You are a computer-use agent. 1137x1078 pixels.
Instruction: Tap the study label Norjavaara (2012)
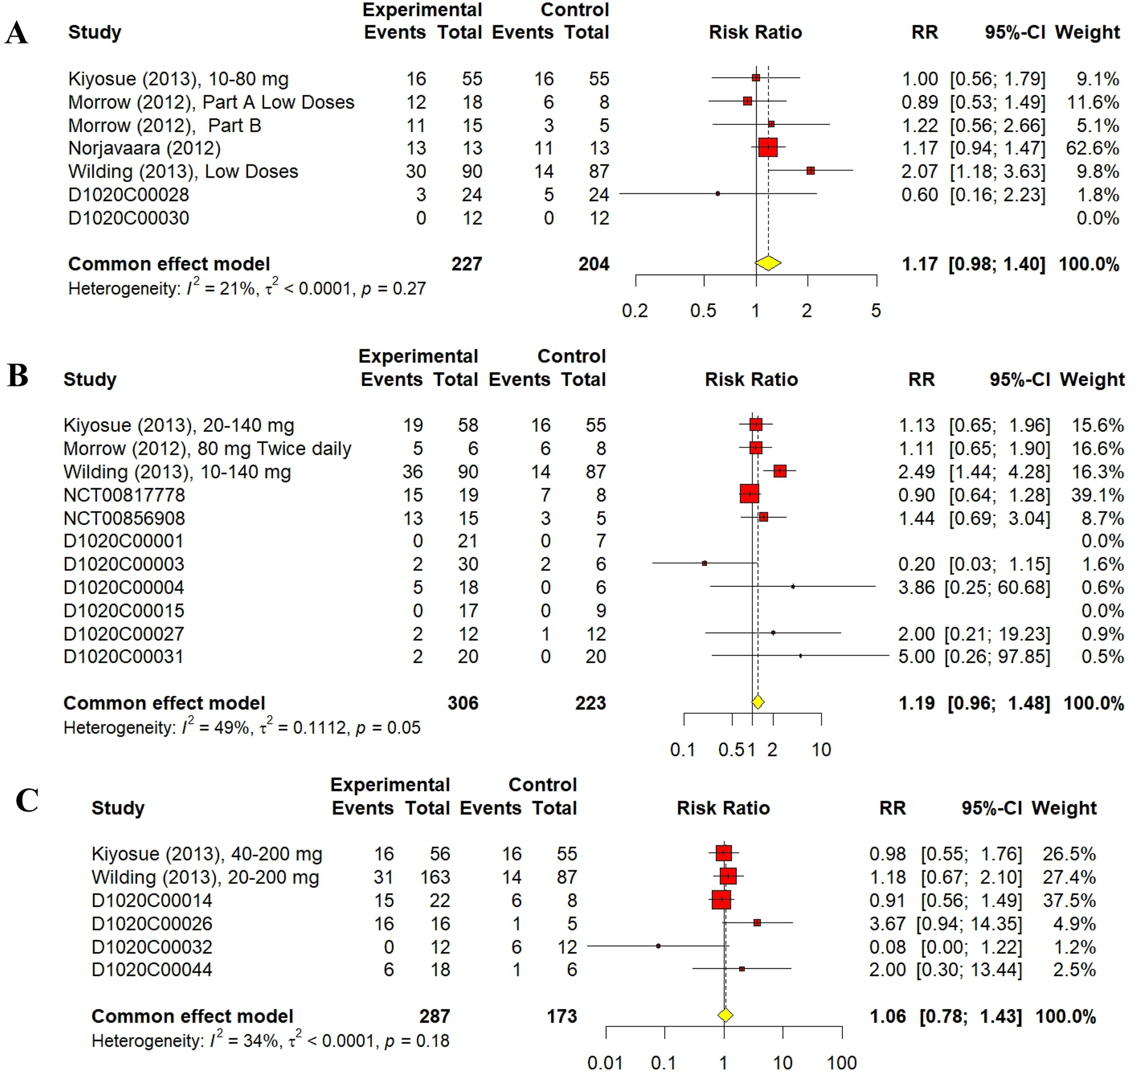[145, 148]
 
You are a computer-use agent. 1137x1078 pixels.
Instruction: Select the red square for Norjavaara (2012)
[768, 148]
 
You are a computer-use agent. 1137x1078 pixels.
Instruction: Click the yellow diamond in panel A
[768, 263]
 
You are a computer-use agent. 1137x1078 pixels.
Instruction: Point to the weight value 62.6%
[1092, 148]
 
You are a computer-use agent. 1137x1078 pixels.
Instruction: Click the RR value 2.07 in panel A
[919, 171]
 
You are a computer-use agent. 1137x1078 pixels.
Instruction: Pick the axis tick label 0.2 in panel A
[635, 311]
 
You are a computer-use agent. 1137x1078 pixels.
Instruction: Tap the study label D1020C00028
[128, 195]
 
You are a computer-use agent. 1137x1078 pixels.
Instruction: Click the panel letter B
[17, 376]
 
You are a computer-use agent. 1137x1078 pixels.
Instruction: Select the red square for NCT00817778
[749, 493]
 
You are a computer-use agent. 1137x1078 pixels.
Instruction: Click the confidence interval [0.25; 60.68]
[997, 587]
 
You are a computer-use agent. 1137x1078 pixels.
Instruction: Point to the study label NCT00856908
[124, 519]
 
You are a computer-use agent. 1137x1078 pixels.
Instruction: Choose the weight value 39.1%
[1097, 494]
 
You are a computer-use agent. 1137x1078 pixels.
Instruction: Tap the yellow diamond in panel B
[758, 702]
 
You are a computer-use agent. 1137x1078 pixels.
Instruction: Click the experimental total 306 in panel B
[463, 703]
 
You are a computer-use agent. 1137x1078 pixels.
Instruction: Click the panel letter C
[26, 800]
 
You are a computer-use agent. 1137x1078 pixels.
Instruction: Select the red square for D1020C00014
[721, 900]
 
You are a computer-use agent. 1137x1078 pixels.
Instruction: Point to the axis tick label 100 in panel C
[842, 1062]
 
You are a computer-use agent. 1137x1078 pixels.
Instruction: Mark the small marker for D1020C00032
[658, 946]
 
